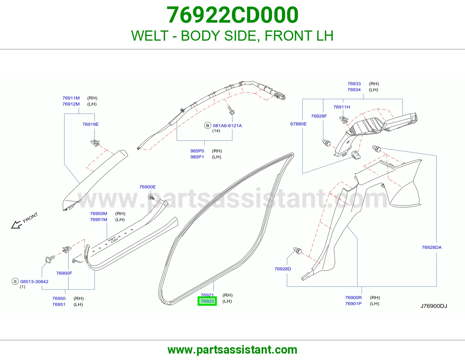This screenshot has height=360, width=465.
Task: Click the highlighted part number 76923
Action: tap(207, 301)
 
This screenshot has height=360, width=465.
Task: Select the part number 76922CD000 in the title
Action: tap(233, 15)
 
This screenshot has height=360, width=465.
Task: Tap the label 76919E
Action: tap(90, 124)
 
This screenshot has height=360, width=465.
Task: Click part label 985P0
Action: tap(197, 151)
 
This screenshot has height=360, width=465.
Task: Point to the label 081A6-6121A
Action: tap(227, 125)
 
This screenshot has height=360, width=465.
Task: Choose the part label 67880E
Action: tap(298, 124)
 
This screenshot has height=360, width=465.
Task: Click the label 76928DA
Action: tap(432, 247)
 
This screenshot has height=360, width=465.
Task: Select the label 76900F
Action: tap(64, 273)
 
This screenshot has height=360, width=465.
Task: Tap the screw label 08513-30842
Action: tap(34, 282)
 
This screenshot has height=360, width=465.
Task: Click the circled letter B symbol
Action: tap(207, 125)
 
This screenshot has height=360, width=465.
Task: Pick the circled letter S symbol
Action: tap(15, 281)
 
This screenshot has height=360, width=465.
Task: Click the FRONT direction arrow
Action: tap(17, 225)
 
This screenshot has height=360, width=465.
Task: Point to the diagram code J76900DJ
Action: tap(434, 306)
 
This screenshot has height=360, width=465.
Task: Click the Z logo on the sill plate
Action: tap(113, 240)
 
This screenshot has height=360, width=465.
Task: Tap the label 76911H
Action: tap(341, 107)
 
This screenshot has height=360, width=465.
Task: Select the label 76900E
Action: tap(147, 187)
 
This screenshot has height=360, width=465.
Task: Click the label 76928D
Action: tap(283, 269)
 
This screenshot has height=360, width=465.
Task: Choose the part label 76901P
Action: tap(353, 304)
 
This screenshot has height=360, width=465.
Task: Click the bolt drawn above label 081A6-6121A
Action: tap(231, 110)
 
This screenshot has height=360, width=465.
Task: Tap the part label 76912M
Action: tap(71, 104)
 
